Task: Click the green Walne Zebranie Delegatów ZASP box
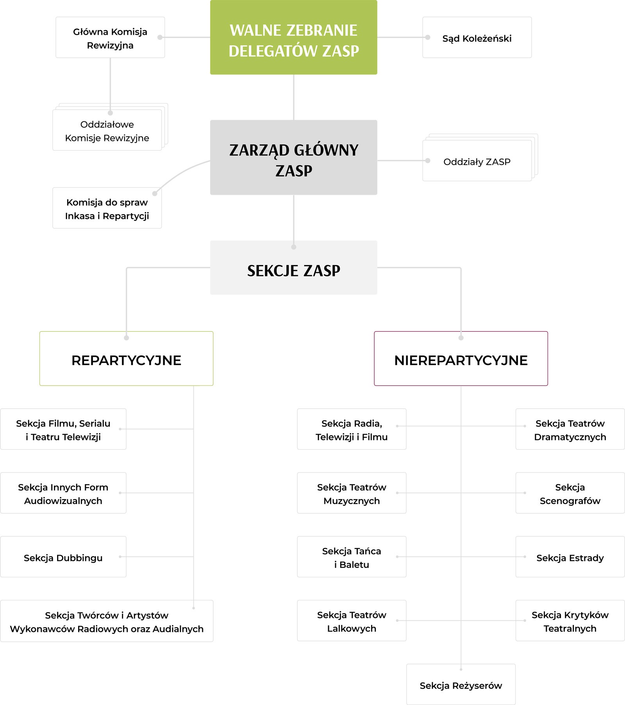[294, 37]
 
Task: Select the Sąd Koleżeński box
[477, 37]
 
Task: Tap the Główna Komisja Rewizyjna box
[110, 37]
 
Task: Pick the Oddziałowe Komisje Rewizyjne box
[107, 130]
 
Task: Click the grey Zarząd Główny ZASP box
[294, 157]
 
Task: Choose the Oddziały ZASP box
[477, 160]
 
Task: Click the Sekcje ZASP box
[294, 267]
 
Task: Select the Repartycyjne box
[127, 359]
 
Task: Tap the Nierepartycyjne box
[461, 359]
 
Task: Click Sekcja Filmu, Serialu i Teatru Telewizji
[63, 429]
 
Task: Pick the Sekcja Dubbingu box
[63, 557]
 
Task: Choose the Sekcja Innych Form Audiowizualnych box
[63, 493]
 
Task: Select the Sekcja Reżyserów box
[461, 684]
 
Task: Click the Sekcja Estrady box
[570, 557]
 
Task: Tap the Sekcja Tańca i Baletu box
[352, 557]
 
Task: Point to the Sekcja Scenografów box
[570, 493]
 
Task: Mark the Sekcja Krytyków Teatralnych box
[570, 621]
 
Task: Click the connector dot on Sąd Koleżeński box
[428, 37]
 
